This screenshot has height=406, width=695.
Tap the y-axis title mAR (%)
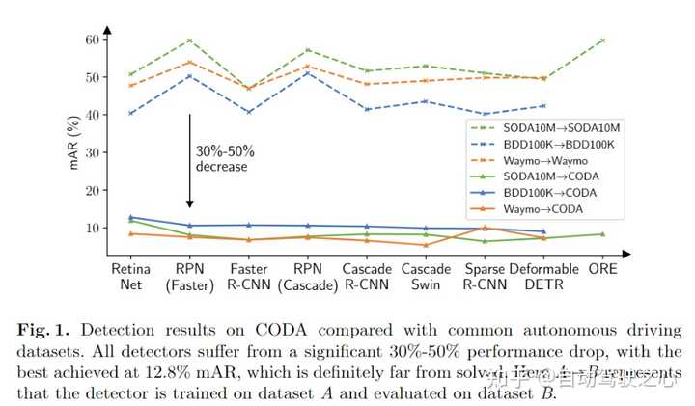[x=73, y=143]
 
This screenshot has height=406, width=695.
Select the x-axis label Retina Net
[x=130, y=277]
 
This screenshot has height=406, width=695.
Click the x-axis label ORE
[x=602, y=269]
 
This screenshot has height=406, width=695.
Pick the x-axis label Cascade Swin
[x=427, y=277]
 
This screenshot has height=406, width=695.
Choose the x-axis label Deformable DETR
[x=543, y=277]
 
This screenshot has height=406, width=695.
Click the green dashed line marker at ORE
[x=602, y=41]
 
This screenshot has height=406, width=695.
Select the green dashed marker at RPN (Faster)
[x=190, y=41]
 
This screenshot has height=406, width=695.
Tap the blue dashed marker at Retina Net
[x=130, y=113]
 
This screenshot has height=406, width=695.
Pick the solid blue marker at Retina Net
[x=130, y=217]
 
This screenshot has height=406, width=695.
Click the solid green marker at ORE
[x=602, y=234]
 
